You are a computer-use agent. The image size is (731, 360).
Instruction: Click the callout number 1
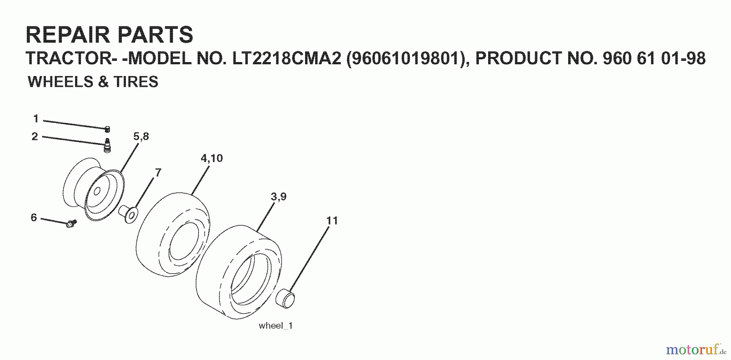click(36, 119)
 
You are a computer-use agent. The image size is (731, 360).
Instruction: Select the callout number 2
click(35, 136)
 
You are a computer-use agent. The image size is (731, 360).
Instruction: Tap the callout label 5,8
click(141, 136)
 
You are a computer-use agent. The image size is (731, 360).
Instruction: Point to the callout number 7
click(158, 172)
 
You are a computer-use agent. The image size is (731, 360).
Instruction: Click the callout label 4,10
click(212, 158)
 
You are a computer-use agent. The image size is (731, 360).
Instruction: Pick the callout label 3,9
click(279, 197)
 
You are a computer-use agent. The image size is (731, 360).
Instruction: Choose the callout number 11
click(332, 221)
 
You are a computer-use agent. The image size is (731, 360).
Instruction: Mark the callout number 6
click(34, 218)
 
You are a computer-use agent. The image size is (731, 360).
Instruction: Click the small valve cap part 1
click(107, 129)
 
